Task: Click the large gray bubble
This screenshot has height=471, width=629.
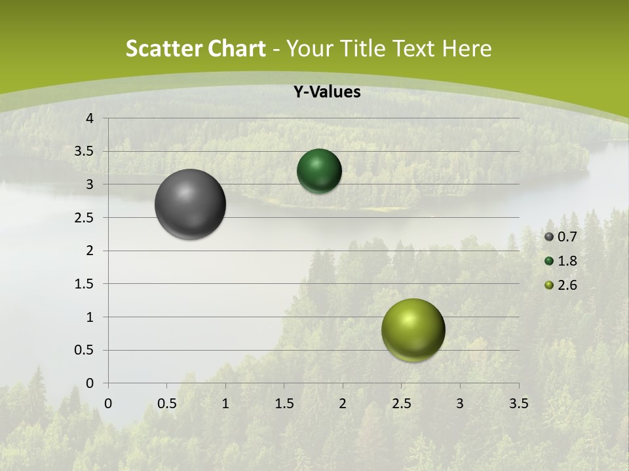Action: tap(190, 204)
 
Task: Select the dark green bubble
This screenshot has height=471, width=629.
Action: tap(319, 171)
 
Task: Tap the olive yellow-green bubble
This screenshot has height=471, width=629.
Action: tap(413, 330)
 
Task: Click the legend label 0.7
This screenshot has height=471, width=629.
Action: tap(567, 237)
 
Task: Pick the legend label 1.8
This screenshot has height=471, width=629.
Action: tap(567, 261)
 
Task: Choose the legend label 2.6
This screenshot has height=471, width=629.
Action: tap(567, 285)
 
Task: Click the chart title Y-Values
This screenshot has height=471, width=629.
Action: tap(326, 92)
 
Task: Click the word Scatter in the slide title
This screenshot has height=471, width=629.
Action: tap(163, 48)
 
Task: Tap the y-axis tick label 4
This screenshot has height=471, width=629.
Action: tap(90, 118)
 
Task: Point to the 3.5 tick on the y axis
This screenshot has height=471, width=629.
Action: tap(85, 152)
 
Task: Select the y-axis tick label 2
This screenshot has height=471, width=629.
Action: tap(90, 251)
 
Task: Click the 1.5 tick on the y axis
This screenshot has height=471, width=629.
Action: tap(85, 284)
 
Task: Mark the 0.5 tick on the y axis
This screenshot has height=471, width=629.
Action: tap(85, 350)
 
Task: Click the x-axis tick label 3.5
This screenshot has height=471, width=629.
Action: tap(518, 404)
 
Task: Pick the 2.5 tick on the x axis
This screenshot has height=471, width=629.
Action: tap(401, 404)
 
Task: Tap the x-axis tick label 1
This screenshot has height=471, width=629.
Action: tap(225, 404)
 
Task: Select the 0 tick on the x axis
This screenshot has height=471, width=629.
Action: tap(108, 404)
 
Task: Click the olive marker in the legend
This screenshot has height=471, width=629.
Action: tap(549, 285)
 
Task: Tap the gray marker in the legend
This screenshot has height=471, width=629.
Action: tap(549, 237)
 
